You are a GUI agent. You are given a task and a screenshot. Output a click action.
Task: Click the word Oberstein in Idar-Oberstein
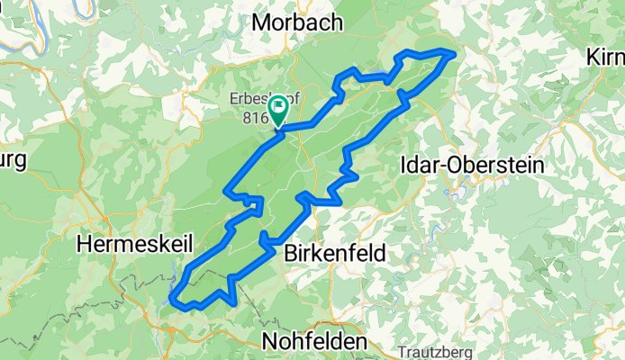(472, 165)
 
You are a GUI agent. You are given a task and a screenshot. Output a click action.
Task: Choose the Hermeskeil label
(131, 243)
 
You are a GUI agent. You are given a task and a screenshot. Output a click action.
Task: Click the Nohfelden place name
(316, 341)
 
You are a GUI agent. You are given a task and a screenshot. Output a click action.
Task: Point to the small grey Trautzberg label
(433, 353)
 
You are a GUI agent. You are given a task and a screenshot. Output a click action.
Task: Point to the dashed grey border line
(90, 296)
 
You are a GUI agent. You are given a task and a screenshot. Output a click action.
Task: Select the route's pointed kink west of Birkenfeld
(262, 238)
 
